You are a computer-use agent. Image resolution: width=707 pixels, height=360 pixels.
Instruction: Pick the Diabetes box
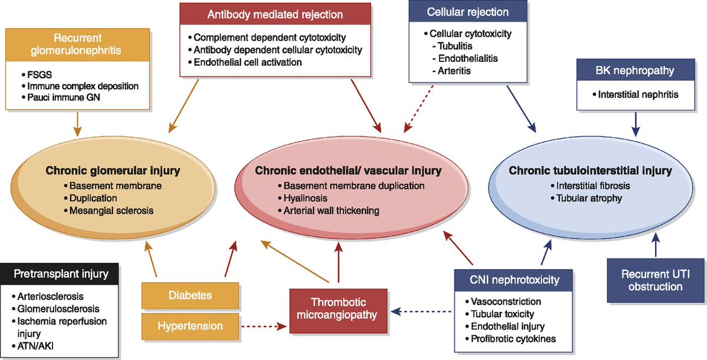pyautogui.click(x=190, y=295)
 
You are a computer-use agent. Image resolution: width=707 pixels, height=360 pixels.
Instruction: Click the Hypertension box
pyautogui.click(x=190, y=325)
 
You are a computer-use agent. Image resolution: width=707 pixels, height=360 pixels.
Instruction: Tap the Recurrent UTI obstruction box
pyautogui.click(x=652, y=280)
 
